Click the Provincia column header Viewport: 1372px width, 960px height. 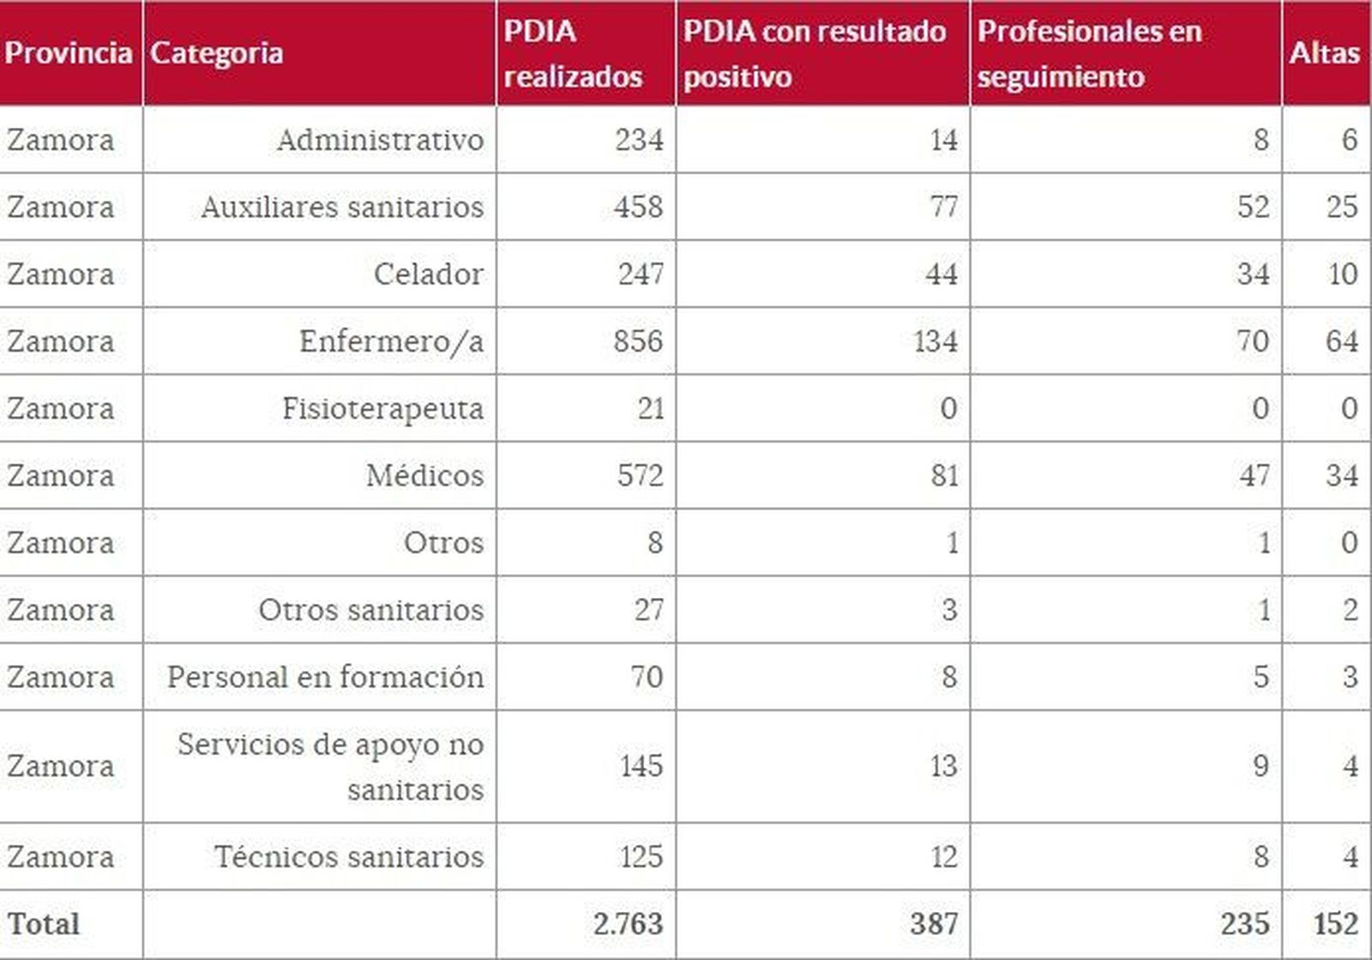coord(69,53)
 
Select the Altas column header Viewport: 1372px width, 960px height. coord(1324,53)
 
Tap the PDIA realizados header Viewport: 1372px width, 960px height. coord(572,53)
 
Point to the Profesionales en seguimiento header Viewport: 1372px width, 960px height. coord(1089,53)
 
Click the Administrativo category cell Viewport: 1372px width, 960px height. coord(380,140)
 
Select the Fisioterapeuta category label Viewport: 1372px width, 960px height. coord(382,408)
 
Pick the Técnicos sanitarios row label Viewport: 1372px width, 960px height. coord(348,856)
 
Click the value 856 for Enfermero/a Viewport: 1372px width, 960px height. coord(638,341)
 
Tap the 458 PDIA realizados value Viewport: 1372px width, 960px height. coord(638,207)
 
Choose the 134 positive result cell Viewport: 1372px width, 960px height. coord(935,341)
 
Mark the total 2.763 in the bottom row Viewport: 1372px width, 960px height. coord(628,924)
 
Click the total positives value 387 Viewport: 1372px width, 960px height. coord(934,924)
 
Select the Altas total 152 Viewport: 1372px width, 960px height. coord(1335,924)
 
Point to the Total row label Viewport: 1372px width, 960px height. coord(44,924)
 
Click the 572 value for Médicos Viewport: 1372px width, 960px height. coord(640,475)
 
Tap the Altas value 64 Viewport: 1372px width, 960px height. coord(1341,341)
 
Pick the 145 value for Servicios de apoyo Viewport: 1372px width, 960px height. coord(641,765)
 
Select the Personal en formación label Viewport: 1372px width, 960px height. coord(325,677)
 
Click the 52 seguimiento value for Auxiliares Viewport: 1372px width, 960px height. coord(1253,207)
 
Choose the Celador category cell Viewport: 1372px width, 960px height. coord(428,275)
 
